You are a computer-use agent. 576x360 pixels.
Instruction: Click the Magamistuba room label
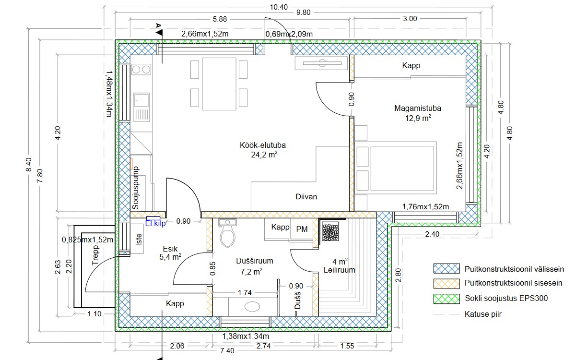[x=418, y=108]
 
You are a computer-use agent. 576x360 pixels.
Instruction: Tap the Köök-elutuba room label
[x=263, y=145]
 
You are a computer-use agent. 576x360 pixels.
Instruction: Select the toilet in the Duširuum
[x=228, y=233]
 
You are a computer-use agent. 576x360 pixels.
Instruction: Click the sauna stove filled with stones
[x=330, y=231]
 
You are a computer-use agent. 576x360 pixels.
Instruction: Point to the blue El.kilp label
[x=155, y=223]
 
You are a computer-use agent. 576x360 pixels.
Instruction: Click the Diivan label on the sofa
[x=306, y=197]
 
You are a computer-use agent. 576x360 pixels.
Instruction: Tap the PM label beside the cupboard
[x=302, y=229]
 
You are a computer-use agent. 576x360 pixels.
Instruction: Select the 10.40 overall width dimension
[x=279, y=7]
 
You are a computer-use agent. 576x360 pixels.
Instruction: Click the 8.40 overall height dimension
[x=29, y=165]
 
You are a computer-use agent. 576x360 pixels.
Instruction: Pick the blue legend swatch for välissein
[x=447, y=268]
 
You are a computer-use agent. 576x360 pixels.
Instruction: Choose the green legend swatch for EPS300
[x=447, y=299]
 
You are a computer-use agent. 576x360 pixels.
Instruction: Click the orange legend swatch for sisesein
[x=447, y=284]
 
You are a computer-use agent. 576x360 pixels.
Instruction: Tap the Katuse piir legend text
[x=483, y=314]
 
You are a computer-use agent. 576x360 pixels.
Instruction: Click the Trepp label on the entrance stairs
[x=95, y=255]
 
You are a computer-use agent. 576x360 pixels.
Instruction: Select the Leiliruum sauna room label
[x=340, y=270]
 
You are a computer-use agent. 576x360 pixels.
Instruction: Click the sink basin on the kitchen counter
[x=141, y=100]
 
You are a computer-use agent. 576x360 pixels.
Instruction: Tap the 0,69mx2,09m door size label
[x=289, y=34]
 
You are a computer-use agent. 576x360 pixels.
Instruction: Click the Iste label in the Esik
[x=139, y=240]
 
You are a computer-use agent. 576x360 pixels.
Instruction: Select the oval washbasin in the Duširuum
[x=252, y=307]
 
